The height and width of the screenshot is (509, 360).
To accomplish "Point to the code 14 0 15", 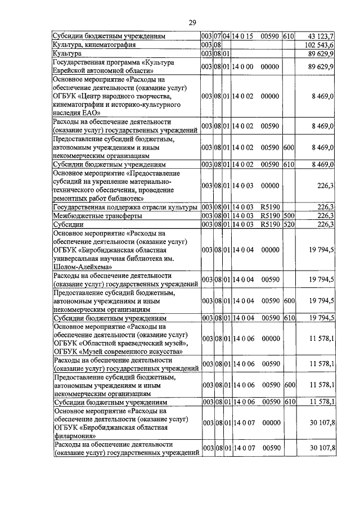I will coord(242,36).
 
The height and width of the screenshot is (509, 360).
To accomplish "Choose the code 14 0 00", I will coord(242,66).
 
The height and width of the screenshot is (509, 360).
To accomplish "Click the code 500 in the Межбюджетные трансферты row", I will coord(289,215).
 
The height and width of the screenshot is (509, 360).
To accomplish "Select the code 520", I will coord(289,224).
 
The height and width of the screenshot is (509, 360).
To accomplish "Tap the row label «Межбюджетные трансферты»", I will coord(92,215).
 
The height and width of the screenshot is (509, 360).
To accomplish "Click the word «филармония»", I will coord(76,435).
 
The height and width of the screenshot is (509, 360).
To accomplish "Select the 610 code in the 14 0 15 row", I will coord(289,36).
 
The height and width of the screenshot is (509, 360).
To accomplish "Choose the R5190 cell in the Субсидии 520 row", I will coord(270,224).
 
